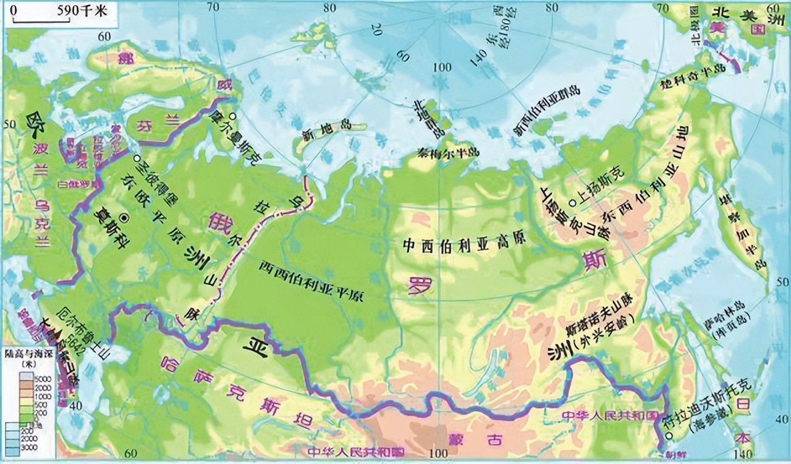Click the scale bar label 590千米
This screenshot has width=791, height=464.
pyautogui.click(x=80, y=11)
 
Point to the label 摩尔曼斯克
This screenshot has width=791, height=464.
pyautogui.click(x=242, y=135)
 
